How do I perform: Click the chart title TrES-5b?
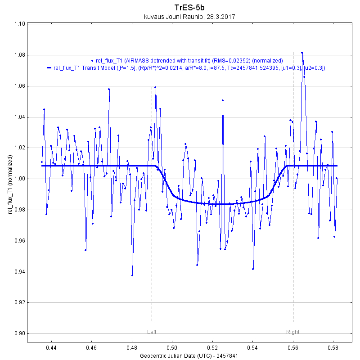(x=189, y=8)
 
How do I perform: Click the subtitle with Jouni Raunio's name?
(x=189, y=17)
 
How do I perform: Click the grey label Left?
(x=152, y=332)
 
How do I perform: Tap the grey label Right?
(x=292, y=332)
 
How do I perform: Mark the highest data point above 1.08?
(x=302, y=53)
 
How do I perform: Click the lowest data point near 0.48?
(x=132, y=275)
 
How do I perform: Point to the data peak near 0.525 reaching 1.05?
(x=223, y=100)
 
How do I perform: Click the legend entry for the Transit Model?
(x=189, y=68)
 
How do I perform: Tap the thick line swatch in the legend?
(x=49, y=68)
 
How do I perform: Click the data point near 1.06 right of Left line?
(x=155, y=87)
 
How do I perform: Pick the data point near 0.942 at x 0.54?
(x=253, y=269)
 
